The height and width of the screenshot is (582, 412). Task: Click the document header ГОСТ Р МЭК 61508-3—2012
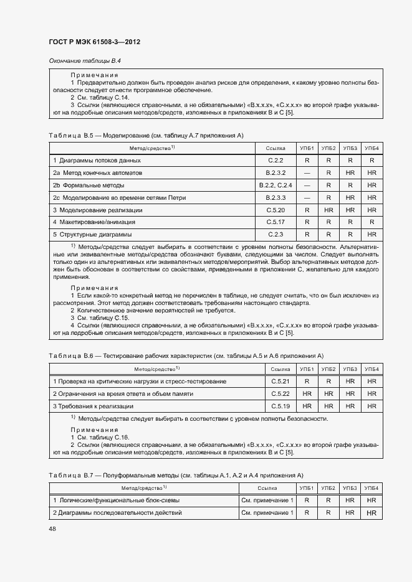(x=94, y=42)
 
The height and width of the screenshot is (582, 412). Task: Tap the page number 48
(x=53, y=528)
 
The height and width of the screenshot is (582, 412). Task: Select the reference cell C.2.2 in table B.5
(x=276, y=160)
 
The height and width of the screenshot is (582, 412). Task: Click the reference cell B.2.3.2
(x=276, y=172)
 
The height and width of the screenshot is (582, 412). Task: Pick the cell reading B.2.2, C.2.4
(x=276, y=185)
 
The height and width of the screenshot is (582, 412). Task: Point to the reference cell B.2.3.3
(x=276, y=197)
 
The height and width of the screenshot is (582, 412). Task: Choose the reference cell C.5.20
(x=276, y=210)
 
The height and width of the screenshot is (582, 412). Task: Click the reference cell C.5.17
(x=276, y=222)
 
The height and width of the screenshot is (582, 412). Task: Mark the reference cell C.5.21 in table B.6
(x=281, y=381)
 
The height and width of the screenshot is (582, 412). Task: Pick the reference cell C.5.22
(x=281, y=393)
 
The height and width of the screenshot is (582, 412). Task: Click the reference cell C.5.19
(x=281, y=406)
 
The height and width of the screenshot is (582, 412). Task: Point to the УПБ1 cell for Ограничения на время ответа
(x=307, y=393)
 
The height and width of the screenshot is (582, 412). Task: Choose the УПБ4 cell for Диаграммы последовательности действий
(x=371, y=512)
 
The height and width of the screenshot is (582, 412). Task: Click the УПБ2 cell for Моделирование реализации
(x=328, y=210)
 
